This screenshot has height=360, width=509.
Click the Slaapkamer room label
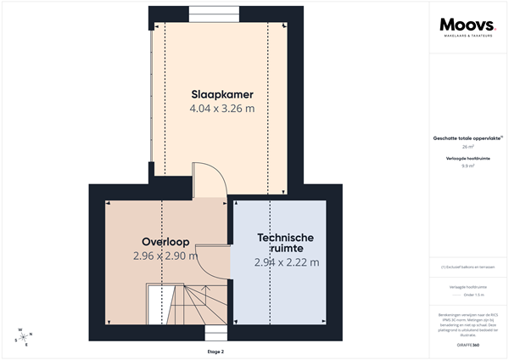(221, 93)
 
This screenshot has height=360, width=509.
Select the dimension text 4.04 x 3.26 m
(221, 109)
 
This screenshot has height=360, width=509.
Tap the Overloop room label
(165, 240)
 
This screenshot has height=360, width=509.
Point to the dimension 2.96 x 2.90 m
(165, 256)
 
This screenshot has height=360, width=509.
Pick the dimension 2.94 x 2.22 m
(287, 262)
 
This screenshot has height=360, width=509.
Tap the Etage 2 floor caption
(215, 351)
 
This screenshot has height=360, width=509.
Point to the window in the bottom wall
(215, 332)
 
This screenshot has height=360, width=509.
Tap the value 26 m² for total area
(467, 147)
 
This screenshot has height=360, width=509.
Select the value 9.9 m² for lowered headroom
(467, 166)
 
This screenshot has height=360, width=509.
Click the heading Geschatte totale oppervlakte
(467, 138)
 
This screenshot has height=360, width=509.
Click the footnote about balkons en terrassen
(467, 267)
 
